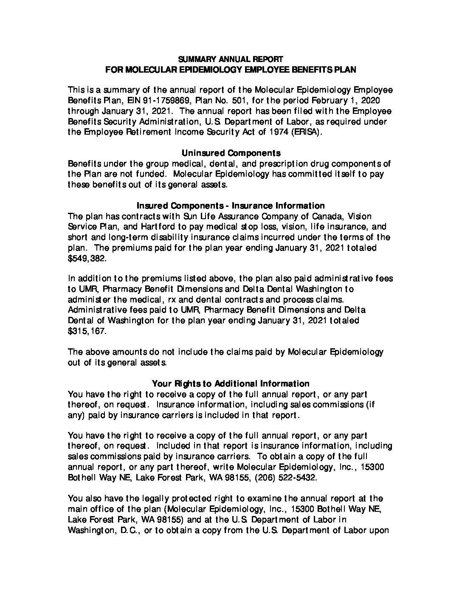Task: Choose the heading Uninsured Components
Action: pyautogui.click(x=231, y=153)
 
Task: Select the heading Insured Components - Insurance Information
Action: pyautogui.click(x=231, y=206)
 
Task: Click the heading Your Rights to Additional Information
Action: pyautogui.click(x=231, y=384)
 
